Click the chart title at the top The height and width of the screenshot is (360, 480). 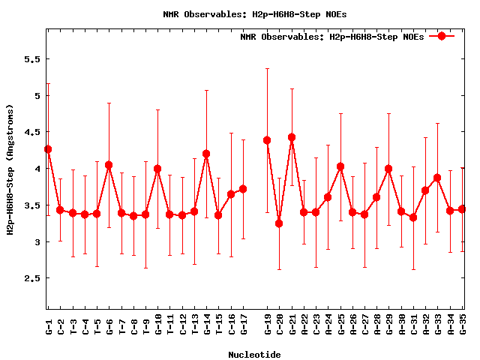254,14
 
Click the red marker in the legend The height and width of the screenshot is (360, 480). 442,36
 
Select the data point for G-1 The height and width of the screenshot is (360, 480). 48,149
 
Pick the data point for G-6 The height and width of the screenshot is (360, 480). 109,165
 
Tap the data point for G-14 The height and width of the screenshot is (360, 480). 206,154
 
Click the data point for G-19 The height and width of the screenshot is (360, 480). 267,140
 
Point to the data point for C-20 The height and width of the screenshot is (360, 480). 279,223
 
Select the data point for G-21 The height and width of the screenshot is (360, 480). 292,137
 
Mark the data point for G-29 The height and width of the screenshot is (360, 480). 388,169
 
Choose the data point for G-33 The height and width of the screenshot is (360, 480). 437,178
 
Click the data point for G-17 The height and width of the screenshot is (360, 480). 243,189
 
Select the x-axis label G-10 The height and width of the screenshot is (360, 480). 158,327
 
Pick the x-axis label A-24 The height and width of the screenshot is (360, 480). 328,327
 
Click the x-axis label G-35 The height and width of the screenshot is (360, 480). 463,327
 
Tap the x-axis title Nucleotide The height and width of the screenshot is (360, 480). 254,355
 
